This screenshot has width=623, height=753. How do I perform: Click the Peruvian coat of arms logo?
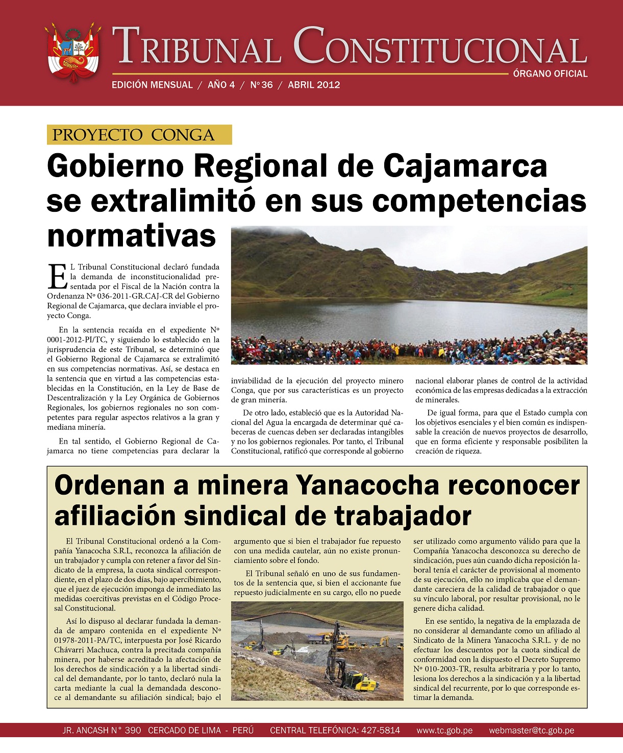[73, 54]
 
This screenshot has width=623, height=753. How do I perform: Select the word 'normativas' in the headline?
[132, 235]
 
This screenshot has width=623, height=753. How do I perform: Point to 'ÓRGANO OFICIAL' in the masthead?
[550, 74]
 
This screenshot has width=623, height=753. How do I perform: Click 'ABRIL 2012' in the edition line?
[314, 85]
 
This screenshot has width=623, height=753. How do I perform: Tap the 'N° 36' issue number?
[261, 85]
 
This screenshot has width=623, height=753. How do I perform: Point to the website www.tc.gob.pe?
[444, 731]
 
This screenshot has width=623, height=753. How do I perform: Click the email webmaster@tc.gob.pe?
[532, 731]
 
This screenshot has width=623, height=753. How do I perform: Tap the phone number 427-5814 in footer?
[381, 731]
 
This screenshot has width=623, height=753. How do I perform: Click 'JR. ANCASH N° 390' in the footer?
[102, 731]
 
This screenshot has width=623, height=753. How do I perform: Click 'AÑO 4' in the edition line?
[221, 85]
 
